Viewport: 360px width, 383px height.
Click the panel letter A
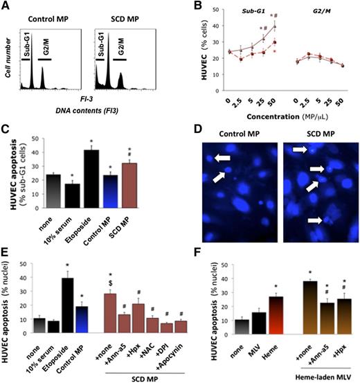[6, 7]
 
